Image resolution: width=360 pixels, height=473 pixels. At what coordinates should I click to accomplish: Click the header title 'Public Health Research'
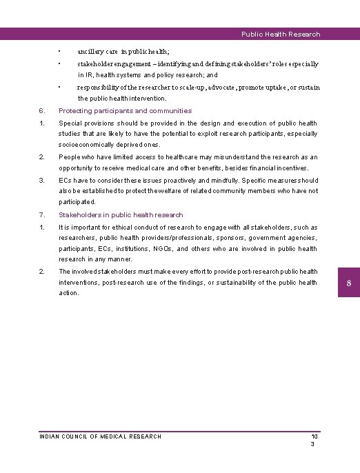click(x=281, y=34)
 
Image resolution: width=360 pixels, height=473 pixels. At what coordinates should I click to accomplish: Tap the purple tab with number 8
click(x=349, y=283)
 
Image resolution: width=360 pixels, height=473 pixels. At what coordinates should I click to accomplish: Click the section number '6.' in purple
click(x=42, y=110)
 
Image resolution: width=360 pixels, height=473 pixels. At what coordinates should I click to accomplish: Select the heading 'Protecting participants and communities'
click(x=125, y=110)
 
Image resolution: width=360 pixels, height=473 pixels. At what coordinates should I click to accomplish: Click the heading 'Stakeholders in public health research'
click(x=121, y=214)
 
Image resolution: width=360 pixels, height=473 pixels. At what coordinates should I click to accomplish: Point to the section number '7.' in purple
click(x=42, y=214)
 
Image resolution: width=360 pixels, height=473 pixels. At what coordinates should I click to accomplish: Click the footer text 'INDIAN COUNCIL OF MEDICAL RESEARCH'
click(x=101, y=436)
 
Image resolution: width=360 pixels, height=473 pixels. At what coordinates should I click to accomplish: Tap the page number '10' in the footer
click(x=314, y=436)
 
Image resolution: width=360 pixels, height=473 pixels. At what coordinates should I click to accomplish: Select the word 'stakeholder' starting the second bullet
click(x=97, y=64)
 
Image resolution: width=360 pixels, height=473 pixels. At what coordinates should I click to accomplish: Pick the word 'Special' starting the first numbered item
click(x=70, y=123)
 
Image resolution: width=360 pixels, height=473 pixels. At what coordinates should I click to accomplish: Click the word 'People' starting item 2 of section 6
click(x=70, y=157)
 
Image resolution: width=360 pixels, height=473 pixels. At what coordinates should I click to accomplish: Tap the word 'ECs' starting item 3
click(x=66, y=179)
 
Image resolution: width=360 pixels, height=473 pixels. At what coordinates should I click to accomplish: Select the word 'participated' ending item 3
click(x=77, y=202)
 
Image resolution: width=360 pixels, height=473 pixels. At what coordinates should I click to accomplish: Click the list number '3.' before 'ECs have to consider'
click(x=42, y=179)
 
